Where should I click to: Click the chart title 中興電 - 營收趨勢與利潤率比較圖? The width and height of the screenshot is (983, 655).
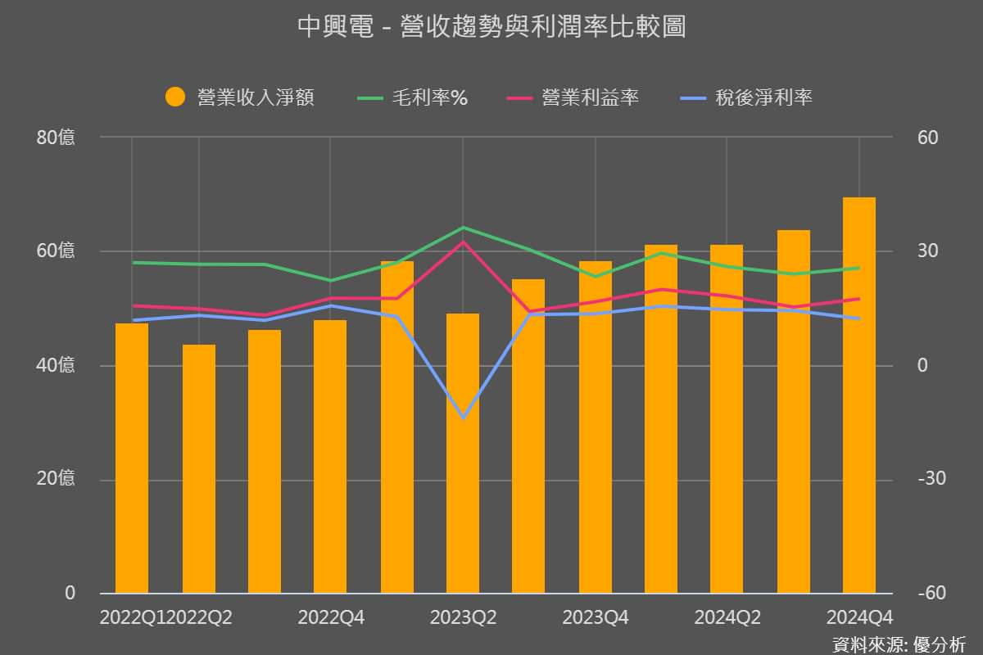(491, 27)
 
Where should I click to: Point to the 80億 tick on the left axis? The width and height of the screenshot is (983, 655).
(56, 138)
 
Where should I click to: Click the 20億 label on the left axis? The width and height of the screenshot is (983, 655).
(56, 479)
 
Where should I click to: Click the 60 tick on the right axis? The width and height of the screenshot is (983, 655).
(927, 138)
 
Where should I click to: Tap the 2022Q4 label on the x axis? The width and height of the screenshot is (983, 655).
(331, 617)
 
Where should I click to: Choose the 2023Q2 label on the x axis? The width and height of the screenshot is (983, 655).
(463, 617)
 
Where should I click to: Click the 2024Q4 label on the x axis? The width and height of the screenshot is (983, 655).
(859, 617)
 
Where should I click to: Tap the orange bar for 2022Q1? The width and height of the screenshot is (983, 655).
(132, 458)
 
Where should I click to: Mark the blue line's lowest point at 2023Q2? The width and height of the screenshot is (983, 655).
(464, 418)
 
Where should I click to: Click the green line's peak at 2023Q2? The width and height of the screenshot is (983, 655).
(464, 228)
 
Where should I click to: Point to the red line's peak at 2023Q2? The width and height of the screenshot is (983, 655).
(464, 242)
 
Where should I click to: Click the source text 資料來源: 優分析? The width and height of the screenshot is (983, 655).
(899, 644)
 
